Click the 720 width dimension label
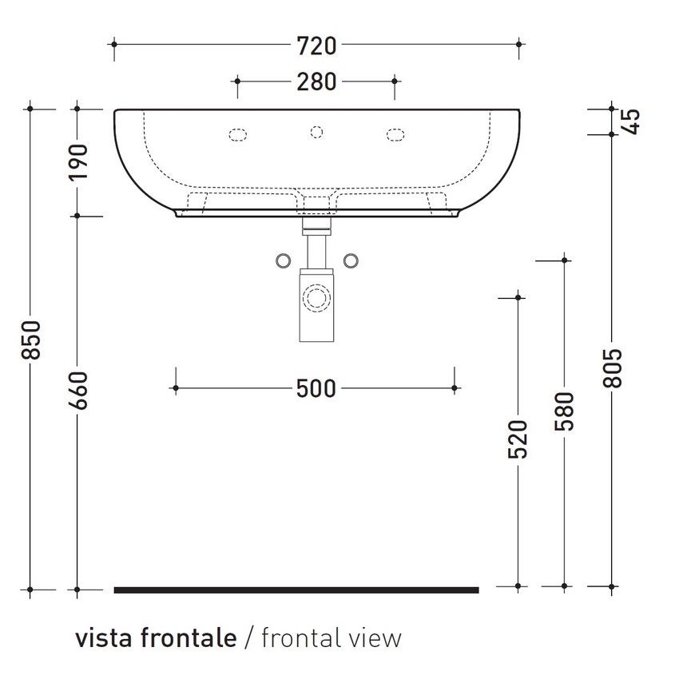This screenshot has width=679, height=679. [316, 46]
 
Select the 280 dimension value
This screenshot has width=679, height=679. [316, 81]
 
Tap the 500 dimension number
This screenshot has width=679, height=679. [316, 389]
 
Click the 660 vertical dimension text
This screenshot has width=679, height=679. [78, 391]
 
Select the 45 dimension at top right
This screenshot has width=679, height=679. [631, 121]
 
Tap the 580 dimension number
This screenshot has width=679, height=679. [565, 411]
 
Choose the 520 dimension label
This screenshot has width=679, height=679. [518, 439]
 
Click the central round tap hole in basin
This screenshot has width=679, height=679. [316, 132]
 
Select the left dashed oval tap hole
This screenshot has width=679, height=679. [238, 134]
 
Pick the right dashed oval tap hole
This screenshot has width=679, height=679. [395, 134]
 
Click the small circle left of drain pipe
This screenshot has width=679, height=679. [282, 260]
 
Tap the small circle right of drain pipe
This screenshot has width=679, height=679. [350, 260]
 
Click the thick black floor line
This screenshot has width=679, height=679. [296, 590]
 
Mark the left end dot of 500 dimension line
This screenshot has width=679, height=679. [175, 389]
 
